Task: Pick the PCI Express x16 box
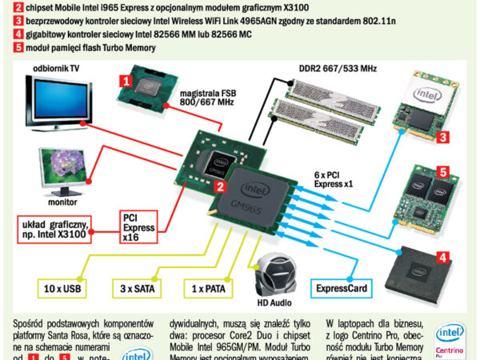point(137,226)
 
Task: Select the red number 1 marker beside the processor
point(125,80)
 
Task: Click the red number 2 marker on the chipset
point(218,186)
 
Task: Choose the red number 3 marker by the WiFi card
point(441,137)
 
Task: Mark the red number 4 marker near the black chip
point(441,258)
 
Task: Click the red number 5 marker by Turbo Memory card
point(442,171)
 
